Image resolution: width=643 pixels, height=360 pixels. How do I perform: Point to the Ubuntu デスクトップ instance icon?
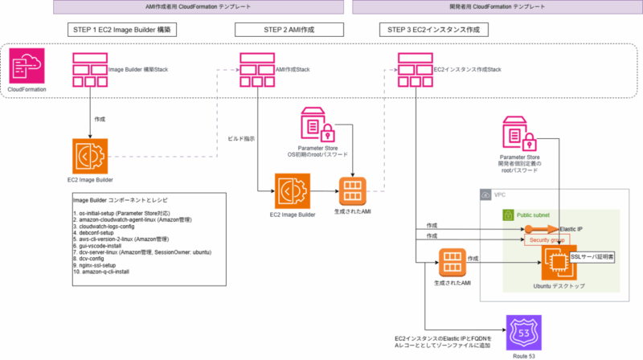tap(556, 262)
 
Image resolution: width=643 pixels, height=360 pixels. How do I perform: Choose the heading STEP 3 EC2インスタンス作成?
tap(435, 30)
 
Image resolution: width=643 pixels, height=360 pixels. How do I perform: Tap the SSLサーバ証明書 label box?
tap(594, 256)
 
